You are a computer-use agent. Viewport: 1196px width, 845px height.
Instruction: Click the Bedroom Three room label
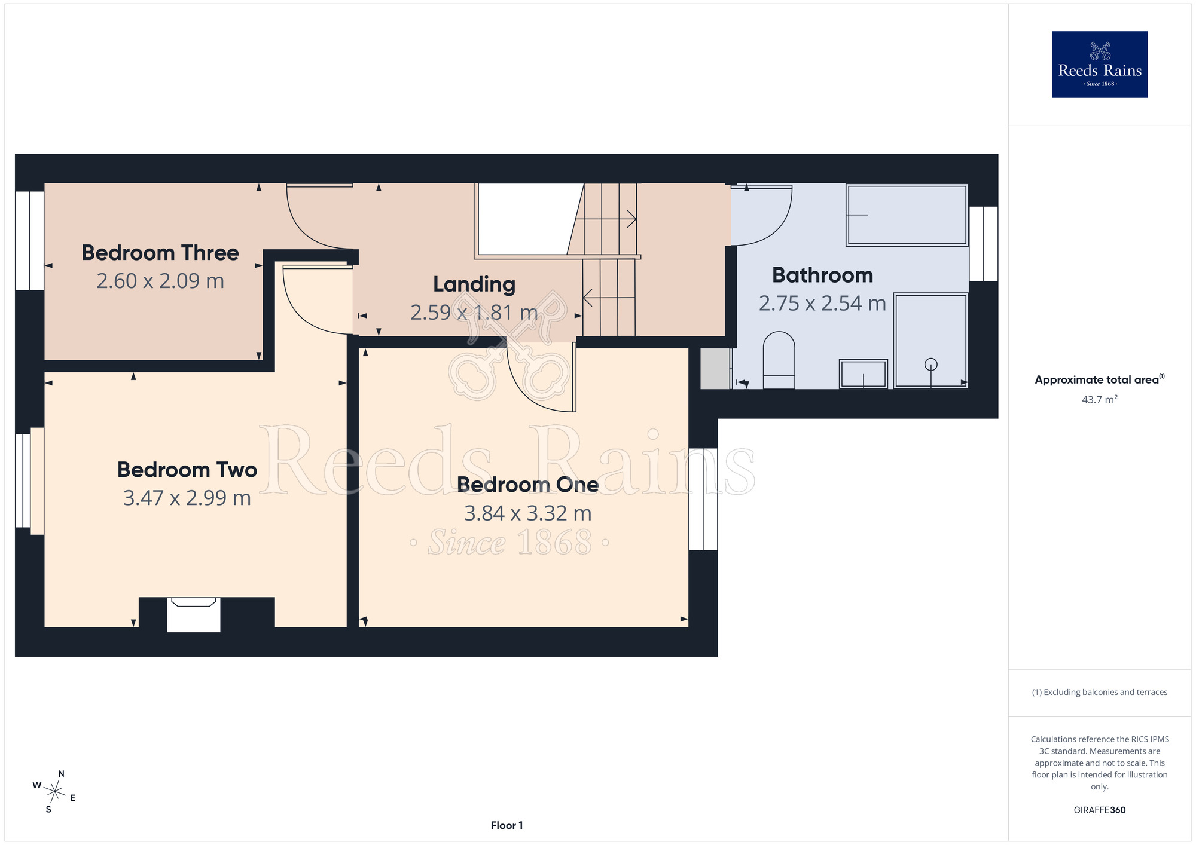(160, 253)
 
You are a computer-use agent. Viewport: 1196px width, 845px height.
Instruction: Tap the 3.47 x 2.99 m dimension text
(187, 498)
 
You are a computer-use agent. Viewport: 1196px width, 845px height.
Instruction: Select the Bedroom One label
(528, 485)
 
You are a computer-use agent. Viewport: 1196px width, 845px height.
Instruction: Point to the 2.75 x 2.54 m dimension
(822, 304)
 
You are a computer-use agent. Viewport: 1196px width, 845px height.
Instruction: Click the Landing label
(474, 285)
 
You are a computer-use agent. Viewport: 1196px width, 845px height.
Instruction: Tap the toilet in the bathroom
(779, 360)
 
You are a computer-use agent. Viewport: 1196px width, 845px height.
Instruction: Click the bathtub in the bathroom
(907, 215)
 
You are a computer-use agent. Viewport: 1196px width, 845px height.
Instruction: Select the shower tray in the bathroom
(930, 341)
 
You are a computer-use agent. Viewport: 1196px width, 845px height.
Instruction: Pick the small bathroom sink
(864, 373)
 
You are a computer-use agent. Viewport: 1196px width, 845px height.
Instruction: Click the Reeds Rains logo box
(1100, 65)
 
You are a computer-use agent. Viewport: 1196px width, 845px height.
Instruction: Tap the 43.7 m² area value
(1100, 399)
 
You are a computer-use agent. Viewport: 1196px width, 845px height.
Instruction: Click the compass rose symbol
(54, 792)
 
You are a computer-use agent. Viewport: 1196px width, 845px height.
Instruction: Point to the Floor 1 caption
(507, 825)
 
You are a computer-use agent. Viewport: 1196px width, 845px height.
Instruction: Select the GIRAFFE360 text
(1100, 810)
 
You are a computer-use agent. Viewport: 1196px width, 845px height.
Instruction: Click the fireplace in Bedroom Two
(194, 614)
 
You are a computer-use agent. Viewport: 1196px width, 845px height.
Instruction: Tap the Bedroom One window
(703, 499)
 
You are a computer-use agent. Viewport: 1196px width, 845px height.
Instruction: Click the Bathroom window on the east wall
(984, 244)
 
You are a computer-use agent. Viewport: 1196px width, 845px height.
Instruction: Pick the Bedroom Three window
(30, 241)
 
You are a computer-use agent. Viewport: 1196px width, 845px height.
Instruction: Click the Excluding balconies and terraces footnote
(1100, 692)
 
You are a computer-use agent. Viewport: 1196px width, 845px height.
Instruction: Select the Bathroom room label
(822, 275)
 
